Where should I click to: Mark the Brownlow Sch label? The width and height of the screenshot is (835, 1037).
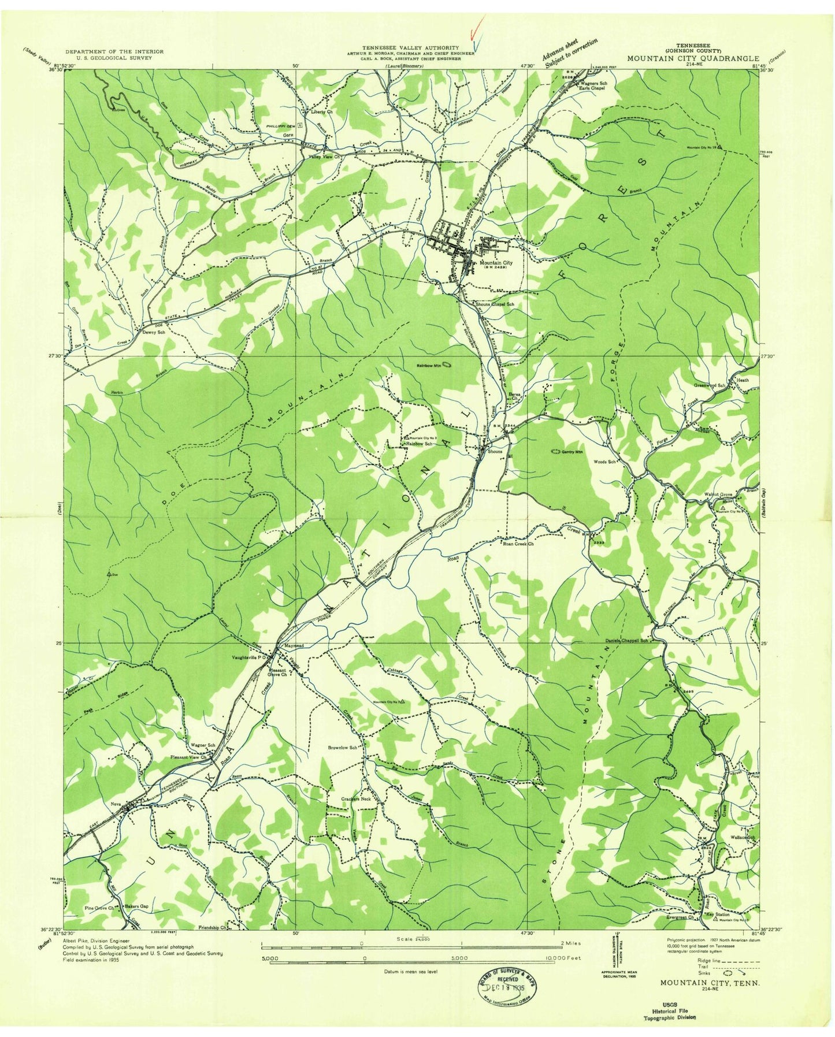click(346, 748)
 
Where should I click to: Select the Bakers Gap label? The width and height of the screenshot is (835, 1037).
click(137, 906)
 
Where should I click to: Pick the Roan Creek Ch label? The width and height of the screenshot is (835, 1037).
click(518, 544)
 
